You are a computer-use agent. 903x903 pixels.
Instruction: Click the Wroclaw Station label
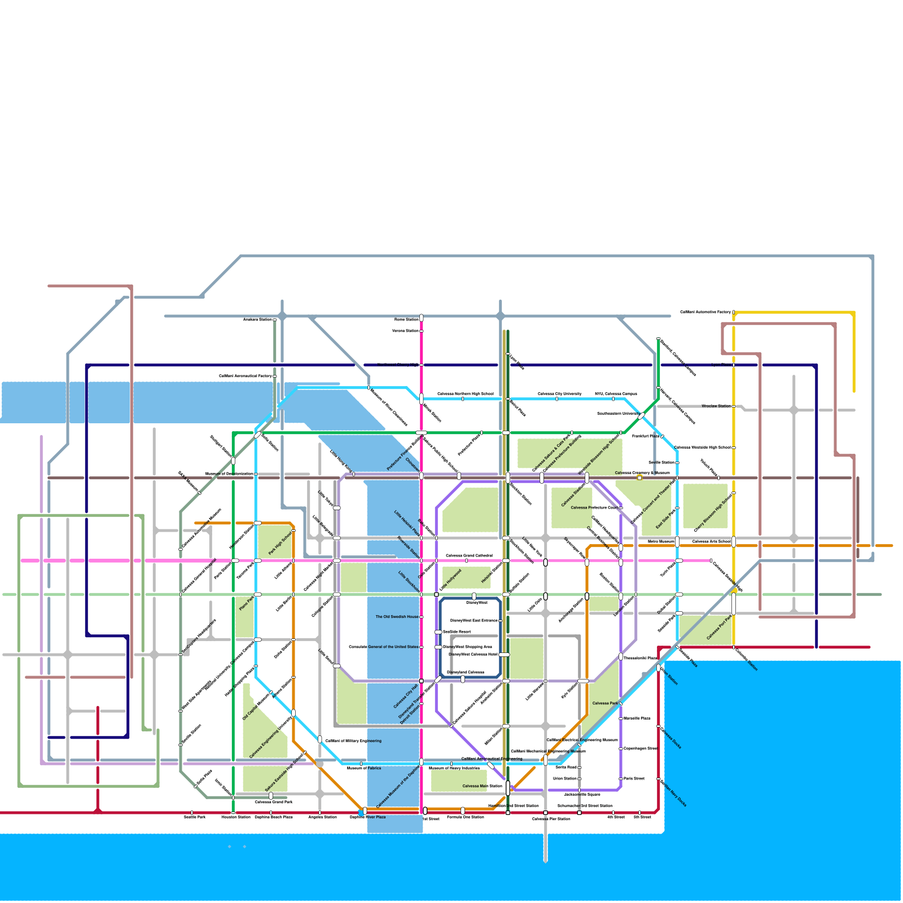coord(716,406)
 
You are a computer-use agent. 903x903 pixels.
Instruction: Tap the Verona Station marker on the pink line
coord(422,331)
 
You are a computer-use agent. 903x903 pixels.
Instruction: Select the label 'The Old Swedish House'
coord(397,617)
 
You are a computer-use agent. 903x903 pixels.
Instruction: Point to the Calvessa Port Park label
coord(720,628)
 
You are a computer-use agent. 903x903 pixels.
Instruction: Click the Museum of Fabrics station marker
coord(361,764)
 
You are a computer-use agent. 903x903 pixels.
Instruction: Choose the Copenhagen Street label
coord(641,748)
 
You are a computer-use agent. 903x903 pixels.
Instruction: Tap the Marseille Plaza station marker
coord(621,718)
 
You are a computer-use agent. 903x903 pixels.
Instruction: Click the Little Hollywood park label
coord(450,580)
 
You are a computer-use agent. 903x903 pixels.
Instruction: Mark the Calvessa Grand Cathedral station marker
coord(466,560)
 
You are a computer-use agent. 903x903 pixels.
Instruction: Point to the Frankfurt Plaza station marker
coord(662,436)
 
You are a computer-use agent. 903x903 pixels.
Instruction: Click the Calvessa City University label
coord(559,394)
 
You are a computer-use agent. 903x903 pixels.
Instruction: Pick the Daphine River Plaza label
coord(367,817)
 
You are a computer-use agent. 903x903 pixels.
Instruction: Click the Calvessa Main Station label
coord(482,786)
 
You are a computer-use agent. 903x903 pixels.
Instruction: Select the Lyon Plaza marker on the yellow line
coord(734,365)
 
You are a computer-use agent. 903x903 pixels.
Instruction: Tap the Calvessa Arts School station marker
coord(734,542)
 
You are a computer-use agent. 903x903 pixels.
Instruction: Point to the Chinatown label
coord(413,464)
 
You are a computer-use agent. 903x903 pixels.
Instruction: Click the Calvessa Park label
coord(605,703)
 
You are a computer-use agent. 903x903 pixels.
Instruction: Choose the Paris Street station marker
coord(621,779)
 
